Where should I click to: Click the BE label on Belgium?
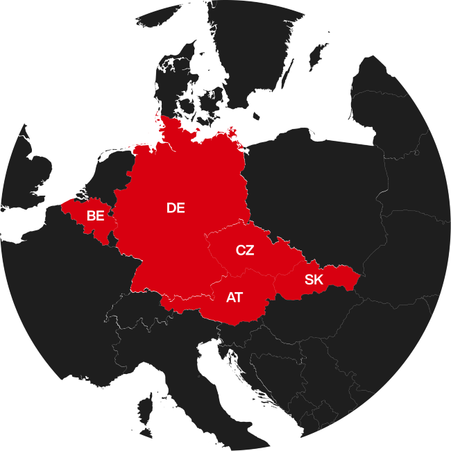(95, 216)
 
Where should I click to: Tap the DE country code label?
(176, 207)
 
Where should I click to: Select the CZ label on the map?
(245, 250)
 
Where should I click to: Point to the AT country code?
(235, 298)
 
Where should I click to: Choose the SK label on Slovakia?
(314, 280)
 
